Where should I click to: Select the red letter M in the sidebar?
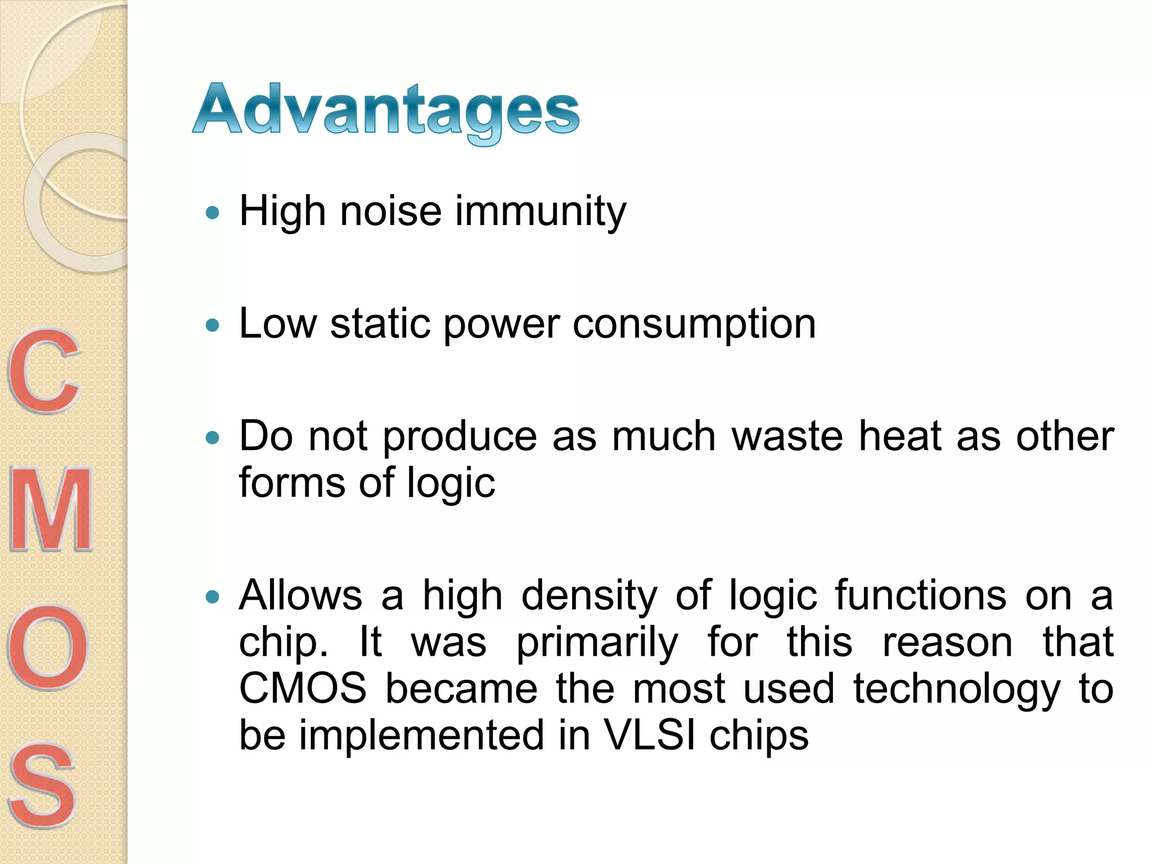click(51, 510)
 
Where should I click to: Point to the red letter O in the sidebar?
click(48, 647)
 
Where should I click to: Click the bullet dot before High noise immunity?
click(212, 213)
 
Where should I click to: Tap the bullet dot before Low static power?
click(212, 325)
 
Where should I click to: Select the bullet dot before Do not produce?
click(212, 438)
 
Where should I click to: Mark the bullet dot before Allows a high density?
click(212, 597)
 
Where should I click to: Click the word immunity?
click(541, 211)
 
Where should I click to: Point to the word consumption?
click(694, 325)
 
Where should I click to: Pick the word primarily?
click(597, 643)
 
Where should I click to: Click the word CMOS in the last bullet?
click(303, 688)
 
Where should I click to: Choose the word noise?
click(391, 211)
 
